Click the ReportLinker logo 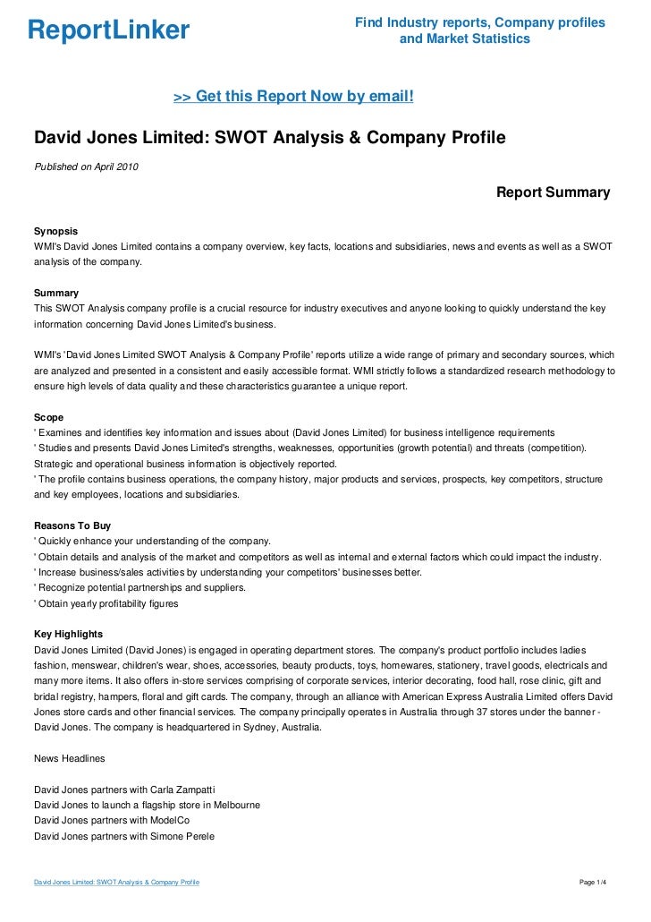tap(109, 31)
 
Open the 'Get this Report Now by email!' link tap(293, 96)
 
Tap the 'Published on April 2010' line tap(86, 166)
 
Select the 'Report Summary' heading tap(553, 192)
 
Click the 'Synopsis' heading tap(55, 230)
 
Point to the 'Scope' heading tap(48, 417)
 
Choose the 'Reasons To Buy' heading tap(72, 525)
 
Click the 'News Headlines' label tap(69, 758)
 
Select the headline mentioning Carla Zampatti tap(124, 790)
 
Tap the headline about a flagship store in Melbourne tap(147, 805)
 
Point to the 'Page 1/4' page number tap(594, 883)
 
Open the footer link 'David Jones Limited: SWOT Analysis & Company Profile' tap(116, 883)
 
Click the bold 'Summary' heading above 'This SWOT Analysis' tap(55, 293)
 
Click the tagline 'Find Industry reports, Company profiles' tap(479, 22)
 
